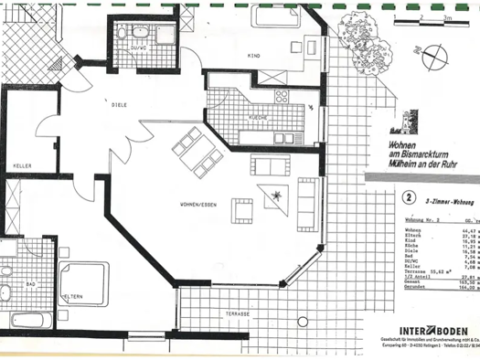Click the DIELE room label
120,105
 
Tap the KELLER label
23,164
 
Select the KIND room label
254,57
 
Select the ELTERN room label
73,297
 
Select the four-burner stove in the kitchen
280,95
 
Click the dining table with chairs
197,152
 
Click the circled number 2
408,196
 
